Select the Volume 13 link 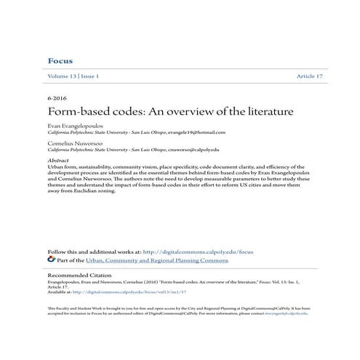click(61, 76)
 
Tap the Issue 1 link click(89, 76)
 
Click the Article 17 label click(310, 76)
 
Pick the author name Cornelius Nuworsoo click(73, 144)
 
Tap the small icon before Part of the click(50, 258)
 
